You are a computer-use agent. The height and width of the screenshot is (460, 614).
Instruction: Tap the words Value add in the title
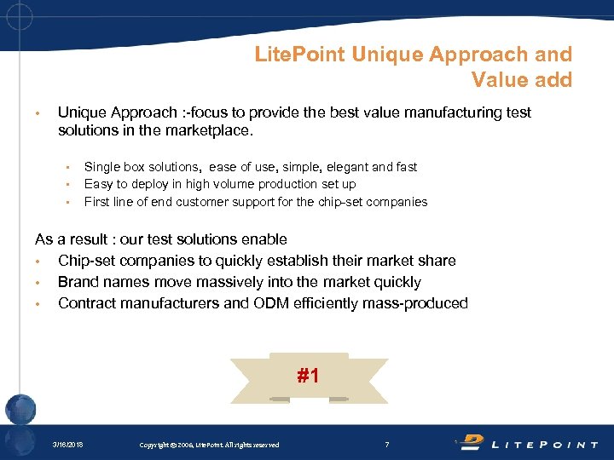[x=521, y=80]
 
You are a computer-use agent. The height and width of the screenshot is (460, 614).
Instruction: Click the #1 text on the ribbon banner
[x=308, y=375]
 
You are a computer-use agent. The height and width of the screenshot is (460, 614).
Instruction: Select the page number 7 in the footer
[x=386, y=444]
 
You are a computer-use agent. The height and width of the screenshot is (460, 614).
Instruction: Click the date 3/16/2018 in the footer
[x=67, y=445]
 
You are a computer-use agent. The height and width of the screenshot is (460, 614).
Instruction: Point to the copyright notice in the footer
[x=209, y=445]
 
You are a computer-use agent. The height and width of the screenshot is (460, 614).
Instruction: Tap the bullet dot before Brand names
[x=38, y=283]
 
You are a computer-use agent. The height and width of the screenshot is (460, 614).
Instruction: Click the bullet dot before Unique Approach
[x=38, y=113]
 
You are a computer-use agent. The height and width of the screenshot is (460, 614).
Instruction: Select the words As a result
[x=70, y=239]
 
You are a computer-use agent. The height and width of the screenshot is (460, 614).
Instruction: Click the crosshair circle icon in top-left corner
[x=19, y=16]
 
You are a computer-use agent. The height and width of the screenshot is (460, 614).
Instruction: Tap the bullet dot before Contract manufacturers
[x=38, y=304]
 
